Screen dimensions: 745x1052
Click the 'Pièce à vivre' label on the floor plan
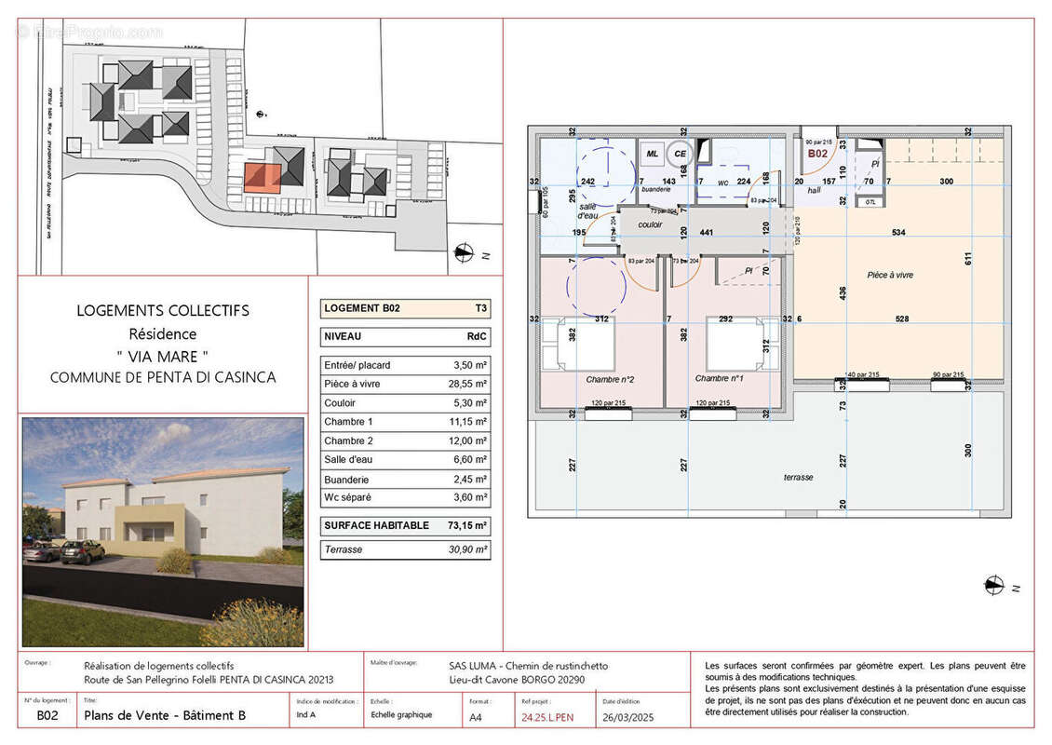[889, 276]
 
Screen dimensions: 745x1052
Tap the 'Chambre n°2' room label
[610, 379]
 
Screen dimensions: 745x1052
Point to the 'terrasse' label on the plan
[798, 477]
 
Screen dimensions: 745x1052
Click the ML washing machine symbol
[653, 154]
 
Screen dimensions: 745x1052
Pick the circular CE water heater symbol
[680, 154]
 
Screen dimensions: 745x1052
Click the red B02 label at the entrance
[817, 154]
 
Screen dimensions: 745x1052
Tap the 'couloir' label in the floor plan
[650, 224]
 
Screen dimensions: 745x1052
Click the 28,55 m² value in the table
[467, 384]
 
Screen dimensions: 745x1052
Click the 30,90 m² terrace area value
[466, 550]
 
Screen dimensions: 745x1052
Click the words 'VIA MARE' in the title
[162, 356]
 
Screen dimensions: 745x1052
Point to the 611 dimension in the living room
[968, 259]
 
